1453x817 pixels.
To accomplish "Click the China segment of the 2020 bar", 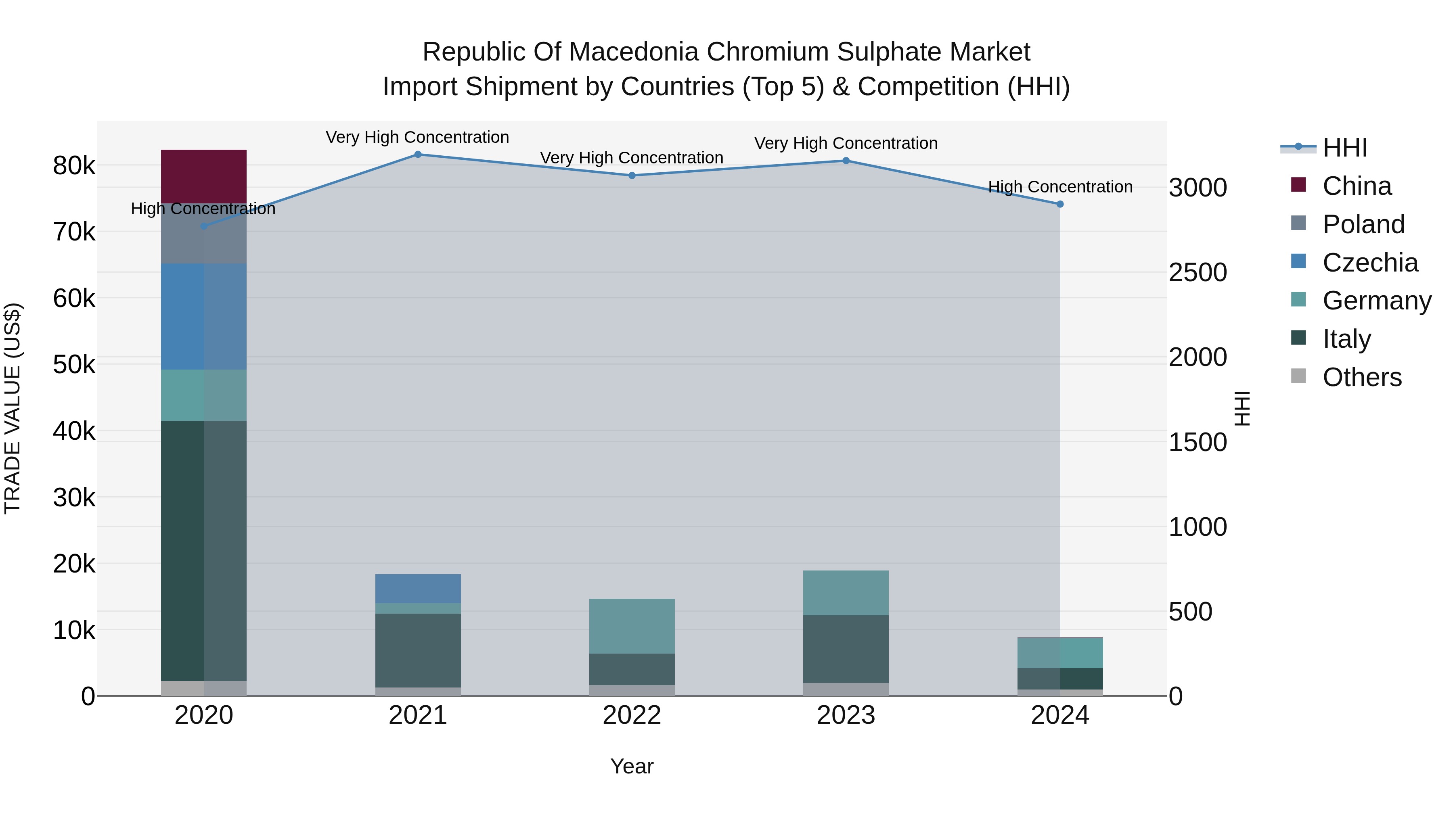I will click(204, 176).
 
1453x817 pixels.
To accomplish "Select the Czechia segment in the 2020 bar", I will click(204, 316).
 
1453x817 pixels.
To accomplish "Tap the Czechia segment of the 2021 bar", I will click(418, 588).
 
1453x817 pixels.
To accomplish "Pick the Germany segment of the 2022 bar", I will click(632, 626).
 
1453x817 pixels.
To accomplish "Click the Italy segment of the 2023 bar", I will click(846, 649).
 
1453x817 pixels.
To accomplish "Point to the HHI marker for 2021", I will click(418, 155).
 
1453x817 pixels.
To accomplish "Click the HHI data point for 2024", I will click(1060, 204).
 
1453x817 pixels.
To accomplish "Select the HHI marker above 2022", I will click(632, 176).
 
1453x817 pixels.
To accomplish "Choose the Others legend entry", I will click(1362, 377).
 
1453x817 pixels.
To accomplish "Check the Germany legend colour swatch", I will click(1298, 299).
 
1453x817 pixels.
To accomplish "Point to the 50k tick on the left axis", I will click(74, 365).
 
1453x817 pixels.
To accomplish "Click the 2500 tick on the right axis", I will click(1198, 273).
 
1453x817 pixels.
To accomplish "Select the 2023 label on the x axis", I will click(846, 715).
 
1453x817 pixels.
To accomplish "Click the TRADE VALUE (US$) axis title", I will click(13, 408).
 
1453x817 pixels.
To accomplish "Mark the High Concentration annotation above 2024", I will click(1060, 187).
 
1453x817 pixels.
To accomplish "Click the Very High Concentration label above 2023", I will click(846, 143).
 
